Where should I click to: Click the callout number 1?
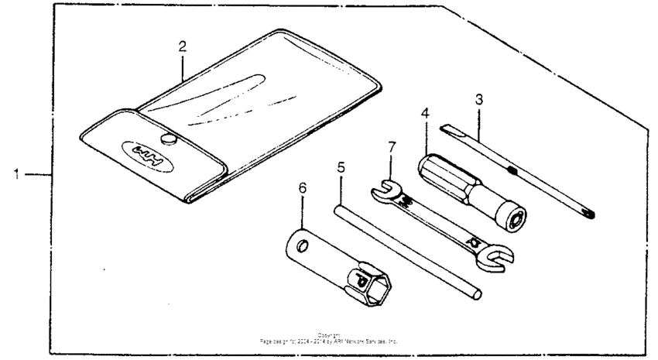click(15, 174)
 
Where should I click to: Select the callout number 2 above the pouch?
click(182, 46)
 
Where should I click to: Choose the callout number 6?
click(303, 187)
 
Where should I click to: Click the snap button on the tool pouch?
click(166, 139)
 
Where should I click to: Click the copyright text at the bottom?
click(329, 338)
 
